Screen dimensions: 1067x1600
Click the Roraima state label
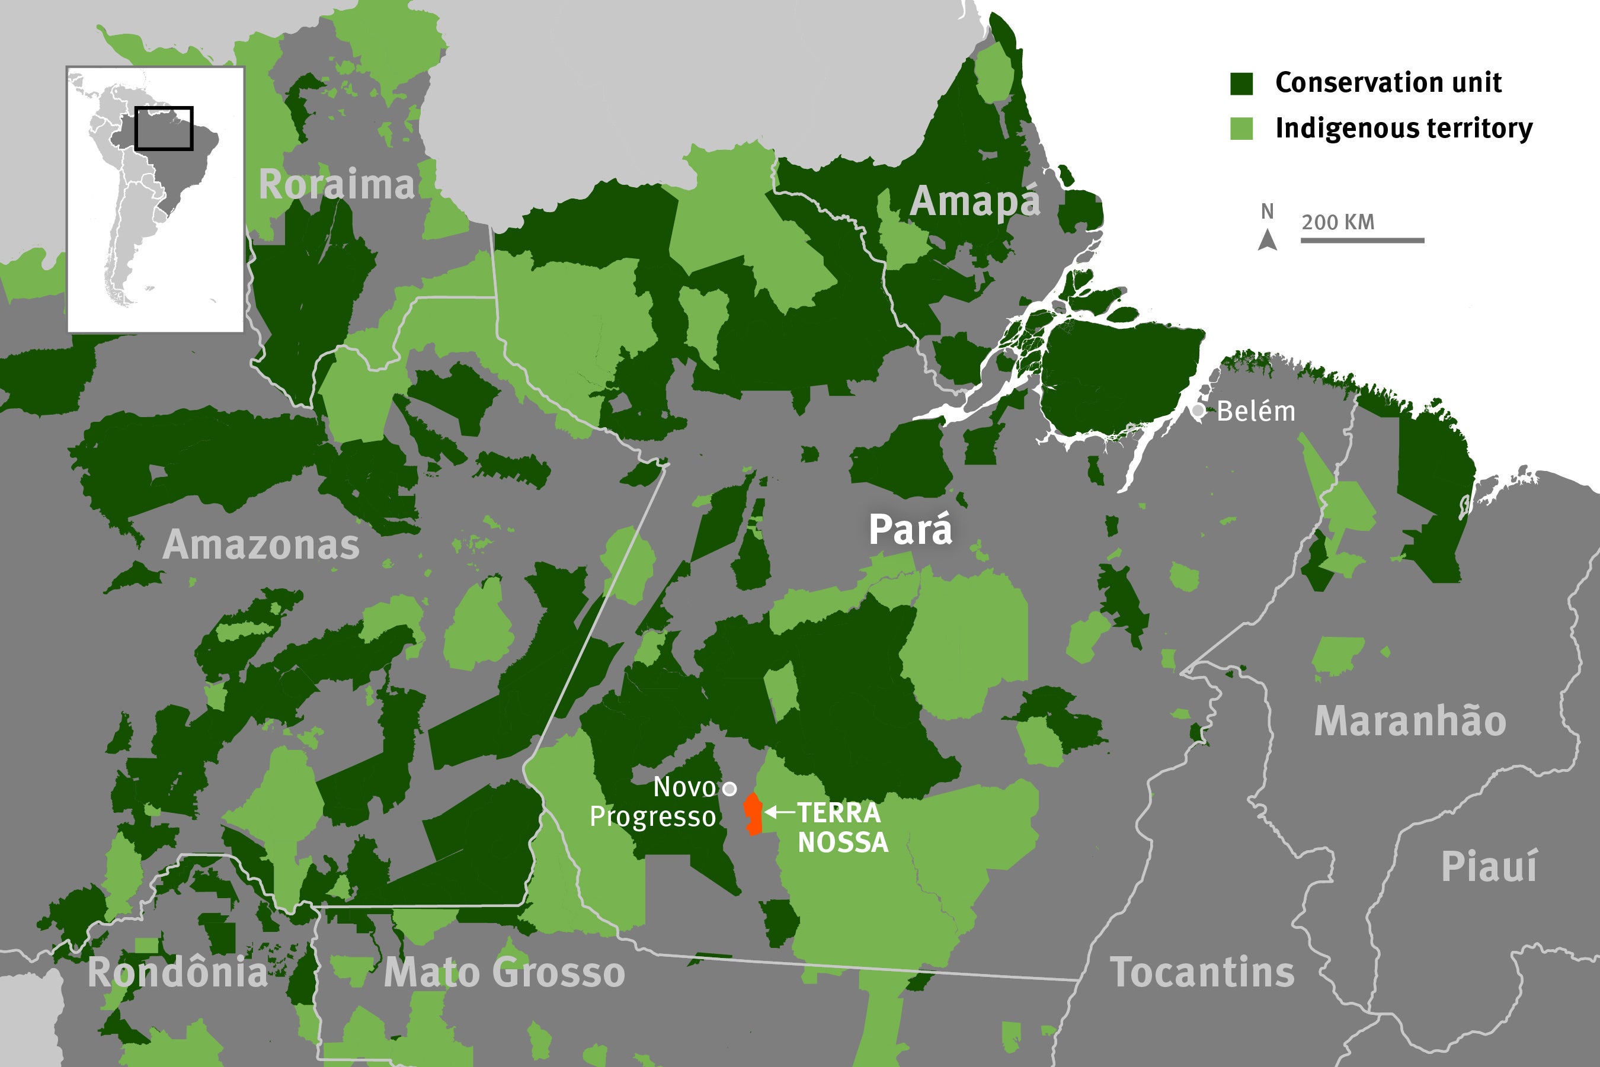click(x=336, y=184)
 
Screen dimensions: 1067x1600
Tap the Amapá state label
click(x=975, y=201)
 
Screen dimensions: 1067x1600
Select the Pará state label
click(x=910, y=530)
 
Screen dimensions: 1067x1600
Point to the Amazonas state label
click(x=261, y=545)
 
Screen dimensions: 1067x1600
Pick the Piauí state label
click(x=1489, y=867)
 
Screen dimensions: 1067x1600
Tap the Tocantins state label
click(x=1202, y=972)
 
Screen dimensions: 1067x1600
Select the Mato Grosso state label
click(x=504, y=972)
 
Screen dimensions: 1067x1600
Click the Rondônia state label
click(x=178, y=972)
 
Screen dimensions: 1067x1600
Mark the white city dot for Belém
click(x=1198, y=411)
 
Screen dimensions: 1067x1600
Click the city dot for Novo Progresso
click(x=729, y=789)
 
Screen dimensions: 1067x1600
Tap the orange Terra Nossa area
click(x=753, y=815)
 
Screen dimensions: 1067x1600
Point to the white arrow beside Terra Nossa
click(x=779, y=812)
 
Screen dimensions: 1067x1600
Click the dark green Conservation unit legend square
click(x=1241, y=83)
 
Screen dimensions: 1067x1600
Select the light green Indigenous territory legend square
click(x=1241, y=129)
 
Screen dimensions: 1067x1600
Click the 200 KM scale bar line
click(x=1362, y=240)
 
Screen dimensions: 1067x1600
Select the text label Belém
click(x=1256, y=412)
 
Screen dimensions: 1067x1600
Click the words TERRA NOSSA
click(x=842, y=828)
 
